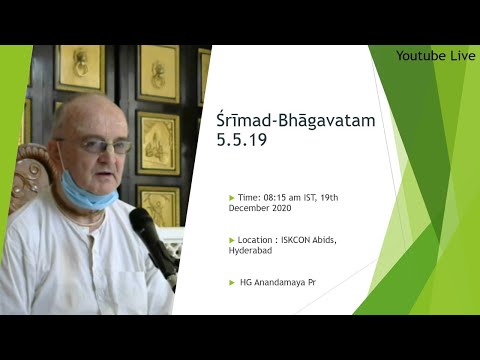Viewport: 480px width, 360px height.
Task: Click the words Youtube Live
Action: [435, 56]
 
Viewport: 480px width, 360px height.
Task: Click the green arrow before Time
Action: [233, 198]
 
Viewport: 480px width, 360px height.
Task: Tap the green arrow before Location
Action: [233, 240]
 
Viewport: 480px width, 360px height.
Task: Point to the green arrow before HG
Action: [233, 283]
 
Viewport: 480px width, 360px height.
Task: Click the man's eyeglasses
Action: [100, 146]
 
